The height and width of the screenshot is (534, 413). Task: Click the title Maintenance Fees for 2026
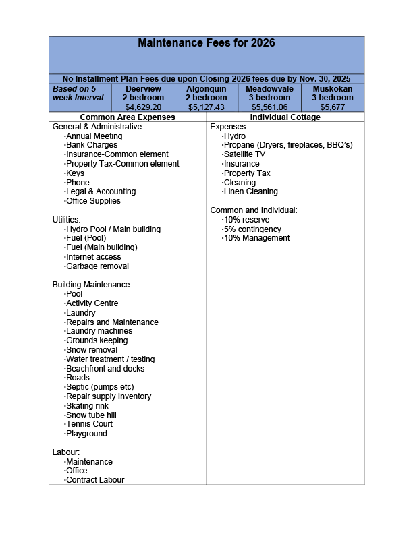point(206,43)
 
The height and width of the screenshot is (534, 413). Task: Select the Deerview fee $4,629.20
point(143,107)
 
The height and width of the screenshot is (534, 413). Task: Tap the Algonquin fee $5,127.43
point(206,107)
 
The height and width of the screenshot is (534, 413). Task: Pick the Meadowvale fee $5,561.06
point(269,107)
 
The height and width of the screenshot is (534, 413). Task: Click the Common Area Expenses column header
point(128,117)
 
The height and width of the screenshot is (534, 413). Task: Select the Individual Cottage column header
point(285,117)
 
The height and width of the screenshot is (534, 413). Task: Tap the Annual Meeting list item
point(94,136)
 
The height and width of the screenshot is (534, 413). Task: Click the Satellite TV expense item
point(244,154)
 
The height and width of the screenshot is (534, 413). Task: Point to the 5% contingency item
point(252,229)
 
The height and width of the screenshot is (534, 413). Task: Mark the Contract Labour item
point(94,480)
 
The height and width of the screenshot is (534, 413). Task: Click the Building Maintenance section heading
point(92,285)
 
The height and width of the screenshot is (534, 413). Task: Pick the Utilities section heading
point(67,220)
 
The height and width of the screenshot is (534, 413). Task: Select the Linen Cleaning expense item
point(250,192)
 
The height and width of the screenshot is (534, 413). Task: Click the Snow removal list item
point(91,350)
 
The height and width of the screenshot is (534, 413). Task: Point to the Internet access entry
point(93,257)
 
